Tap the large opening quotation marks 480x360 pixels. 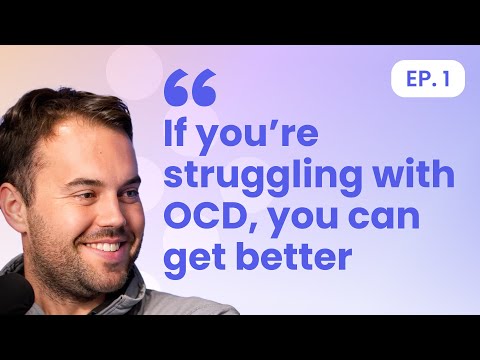tap(189, 88)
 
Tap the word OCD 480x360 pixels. tap(205, 216)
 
